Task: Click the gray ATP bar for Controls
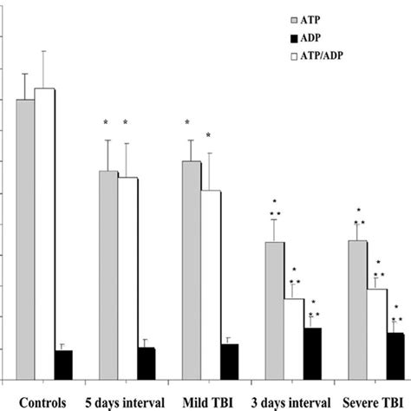(25, 238)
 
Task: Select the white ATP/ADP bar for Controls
(44, 233)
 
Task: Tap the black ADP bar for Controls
(63, 364)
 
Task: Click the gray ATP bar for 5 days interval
(108, 274)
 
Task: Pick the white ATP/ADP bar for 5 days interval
(127, 277)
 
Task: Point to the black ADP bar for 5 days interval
(146, 363)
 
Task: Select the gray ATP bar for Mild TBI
(191, 270)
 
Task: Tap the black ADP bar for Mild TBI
(229, 362)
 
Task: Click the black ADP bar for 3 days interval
(312, 353)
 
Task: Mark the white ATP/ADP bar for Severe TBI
(376, 334)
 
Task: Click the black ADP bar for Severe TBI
(395, 356)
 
